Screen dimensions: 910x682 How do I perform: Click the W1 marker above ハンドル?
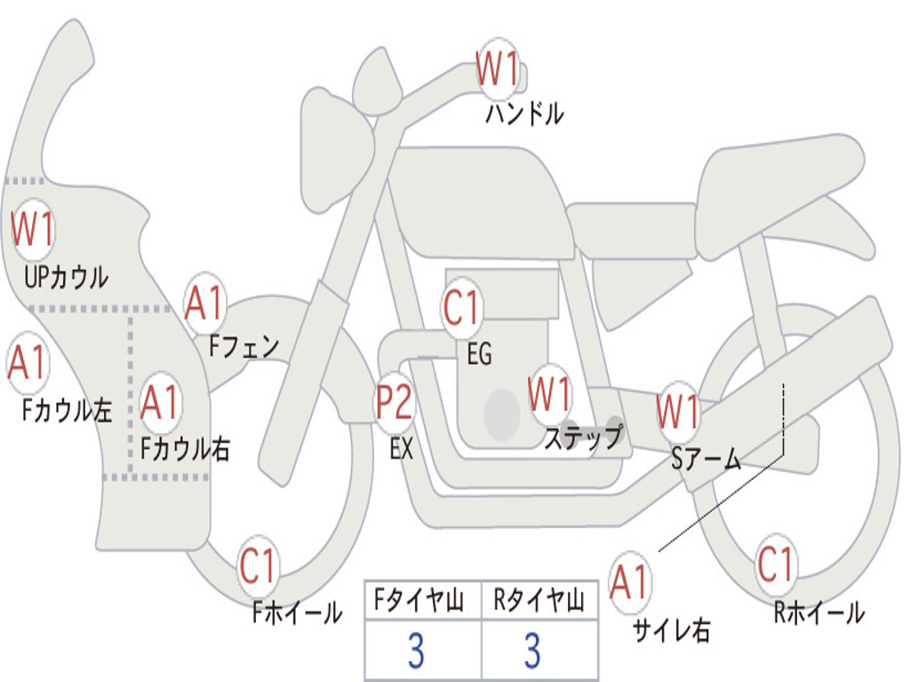pyautogui.click(x=497, y=68)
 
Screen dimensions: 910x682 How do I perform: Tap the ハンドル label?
pyautogui.click(x=524, y=114)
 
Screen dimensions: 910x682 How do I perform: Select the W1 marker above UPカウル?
pyautogui.click(x=32, y=229)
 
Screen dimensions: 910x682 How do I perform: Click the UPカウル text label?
pyautogui.click(x=66, y=277)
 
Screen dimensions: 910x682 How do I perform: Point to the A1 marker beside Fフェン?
pyautogui.click(x=204, y=303)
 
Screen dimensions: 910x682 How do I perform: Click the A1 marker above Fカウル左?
pyautogui.click(x=28, y=362)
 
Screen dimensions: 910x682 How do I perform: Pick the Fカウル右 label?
pyautogui.click(x=185, y=448)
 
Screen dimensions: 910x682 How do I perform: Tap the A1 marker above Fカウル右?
pyautogui.click(x=159, y=402)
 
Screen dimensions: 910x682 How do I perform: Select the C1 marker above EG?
pyautogui.click(x=462, y=307)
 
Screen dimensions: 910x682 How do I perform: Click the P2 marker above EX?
pyautogui.click(x=395, y=402)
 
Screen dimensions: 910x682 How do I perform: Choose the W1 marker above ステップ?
pyautogui.click(x=549, y=393)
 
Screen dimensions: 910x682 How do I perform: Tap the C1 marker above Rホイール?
pyautogui.click(x=775, y=564)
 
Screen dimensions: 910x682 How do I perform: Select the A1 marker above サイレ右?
pyautogui.click(x=629, y=582)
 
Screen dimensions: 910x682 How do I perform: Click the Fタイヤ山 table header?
pyautogui.click(x=419, y=600)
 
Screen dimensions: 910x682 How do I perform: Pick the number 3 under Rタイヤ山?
pyautogui.click(x=533, y=651)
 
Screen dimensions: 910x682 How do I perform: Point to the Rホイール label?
pyautogui.click(x=818, y=613)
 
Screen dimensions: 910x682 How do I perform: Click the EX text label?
pyautogui.click(x=402, y=448)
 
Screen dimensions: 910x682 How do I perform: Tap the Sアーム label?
pyautogui.click(x=706, y=459)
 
